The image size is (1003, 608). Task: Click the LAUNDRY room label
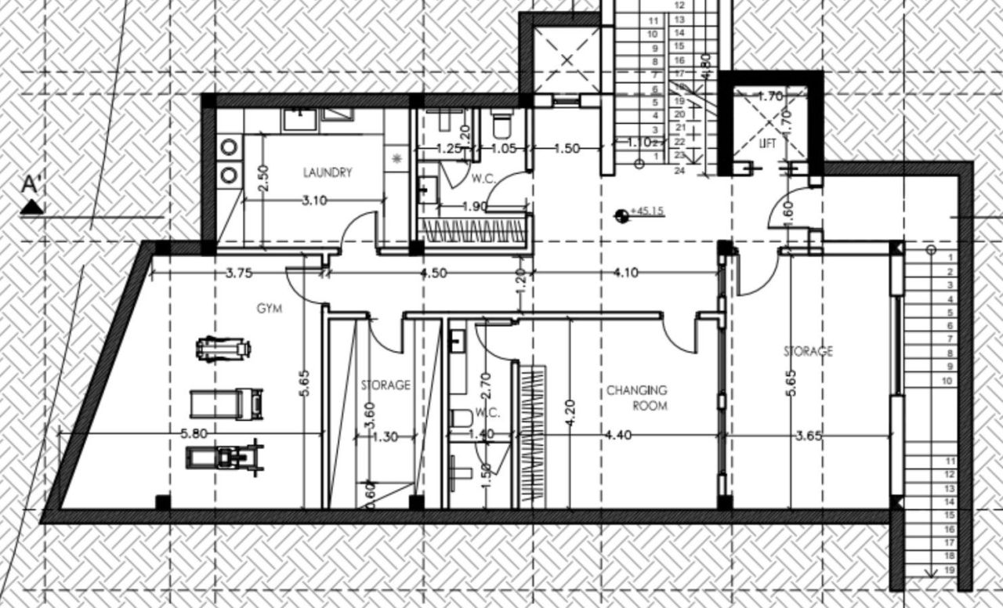[328, 172]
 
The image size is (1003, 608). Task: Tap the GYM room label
[269, 309]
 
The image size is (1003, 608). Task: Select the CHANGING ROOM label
[636, 397]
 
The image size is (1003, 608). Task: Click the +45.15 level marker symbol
[621, 212]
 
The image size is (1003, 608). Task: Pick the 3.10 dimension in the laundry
[314, 201]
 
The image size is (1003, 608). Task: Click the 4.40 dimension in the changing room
[619, 436]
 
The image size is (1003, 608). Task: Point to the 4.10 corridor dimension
[626, 273]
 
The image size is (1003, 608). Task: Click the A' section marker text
[31, 186]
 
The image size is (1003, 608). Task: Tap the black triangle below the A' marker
[31, 207]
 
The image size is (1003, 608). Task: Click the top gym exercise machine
[223, 347]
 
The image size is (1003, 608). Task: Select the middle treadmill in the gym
[226, 404]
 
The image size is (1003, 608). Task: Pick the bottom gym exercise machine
[224, 457]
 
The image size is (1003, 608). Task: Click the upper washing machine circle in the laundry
[229, 147]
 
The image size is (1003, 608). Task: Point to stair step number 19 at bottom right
[949, 570]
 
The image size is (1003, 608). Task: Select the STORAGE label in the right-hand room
[808, 351]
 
